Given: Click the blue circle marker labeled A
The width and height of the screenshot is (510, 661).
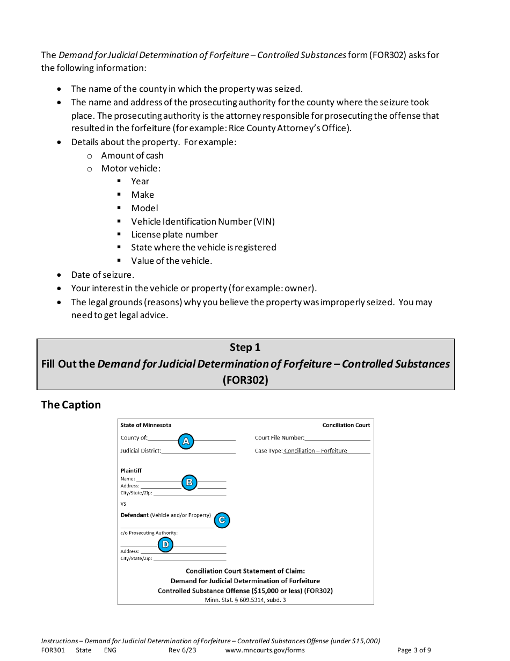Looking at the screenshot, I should point(186,442).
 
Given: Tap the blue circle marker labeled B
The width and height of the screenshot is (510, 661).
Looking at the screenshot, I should point(189,483).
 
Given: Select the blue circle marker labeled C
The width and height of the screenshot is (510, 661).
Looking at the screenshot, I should point(222,520).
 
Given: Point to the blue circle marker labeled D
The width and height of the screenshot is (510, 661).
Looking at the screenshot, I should point(165,545).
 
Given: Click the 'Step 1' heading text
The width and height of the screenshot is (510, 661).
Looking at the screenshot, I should point(245,348).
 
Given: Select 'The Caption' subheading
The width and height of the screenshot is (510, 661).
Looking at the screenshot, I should point(71,405).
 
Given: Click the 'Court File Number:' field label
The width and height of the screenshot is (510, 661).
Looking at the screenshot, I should point(279,438).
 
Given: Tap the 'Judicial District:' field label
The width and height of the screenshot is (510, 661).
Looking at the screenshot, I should point(141,451).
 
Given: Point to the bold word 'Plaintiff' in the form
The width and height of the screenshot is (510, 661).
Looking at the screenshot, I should point(131,471).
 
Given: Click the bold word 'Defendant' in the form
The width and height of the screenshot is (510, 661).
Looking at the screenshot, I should point(134,515).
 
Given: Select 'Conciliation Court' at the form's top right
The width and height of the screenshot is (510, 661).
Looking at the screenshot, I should point(346,425).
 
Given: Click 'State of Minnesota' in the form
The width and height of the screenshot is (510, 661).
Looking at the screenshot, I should point(146,425).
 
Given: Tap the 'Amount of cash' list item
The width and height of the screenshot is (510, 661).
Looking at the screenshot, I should point(132,155).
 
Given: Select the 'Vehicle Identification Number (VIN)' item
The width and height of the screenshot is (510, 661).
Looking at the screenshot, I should point(202,221).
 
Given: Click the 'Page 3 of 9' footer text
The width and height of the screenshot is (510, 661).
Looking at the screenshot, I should point(413,650).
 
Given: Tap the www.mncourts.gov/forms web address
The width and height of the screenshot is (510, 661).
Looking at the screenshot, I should point(265,650).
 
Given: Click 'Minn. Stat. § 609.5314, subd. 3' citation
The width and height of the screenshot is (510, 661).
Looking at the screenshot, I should point(245,600).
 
